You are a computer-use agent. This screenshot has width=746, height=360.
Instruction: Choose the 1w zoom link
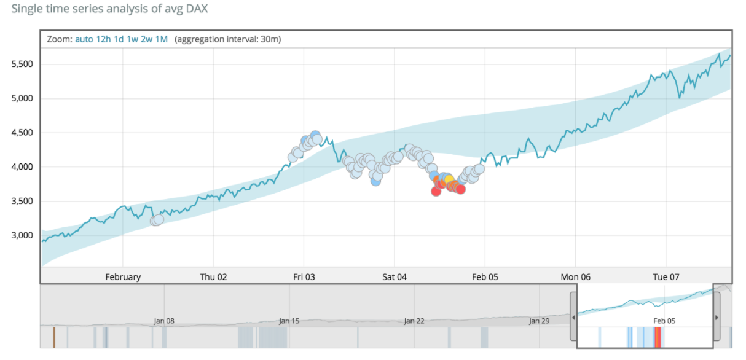[132, 39]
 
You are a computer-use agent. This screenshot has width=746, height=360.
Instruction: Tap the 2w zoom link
[146, 39]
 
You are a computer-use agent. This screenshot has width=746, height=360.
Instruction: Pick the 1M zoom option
[161, 39]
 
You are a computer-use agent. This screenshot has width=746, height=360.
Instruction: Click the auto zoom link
[84, 39]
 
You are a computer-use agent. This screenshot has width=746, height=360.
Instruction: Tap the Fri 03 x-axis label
[304, 277]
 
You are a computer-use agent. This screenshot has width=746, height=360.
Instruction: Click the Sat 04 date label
[395, 277]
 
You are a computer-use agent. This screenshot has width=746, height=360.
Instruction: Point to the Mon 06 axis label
[576, 277]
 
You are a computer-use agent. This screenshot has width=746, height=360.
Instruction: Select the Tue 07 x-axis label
[666, 277]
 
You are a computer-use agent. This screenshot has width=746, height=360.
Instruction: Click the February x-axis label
[123, 277]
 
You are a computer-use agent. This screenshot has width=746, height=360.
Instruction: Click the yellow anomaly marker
[449, 180]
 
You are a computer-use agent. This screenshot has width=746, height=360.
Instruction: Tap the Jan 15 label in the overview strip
[289, 321]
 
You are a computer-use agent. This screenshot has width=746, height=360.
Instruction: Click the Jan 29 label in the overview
[539, 321]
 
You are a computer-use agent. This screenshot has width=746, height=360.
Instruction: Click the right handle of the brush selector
[717, 316]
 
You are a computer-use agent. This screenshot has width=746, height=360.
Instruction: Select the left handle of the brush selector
[573, 316]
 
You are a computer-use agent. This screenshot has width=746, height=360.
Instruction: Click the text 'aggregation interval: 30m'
[228, 39]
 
